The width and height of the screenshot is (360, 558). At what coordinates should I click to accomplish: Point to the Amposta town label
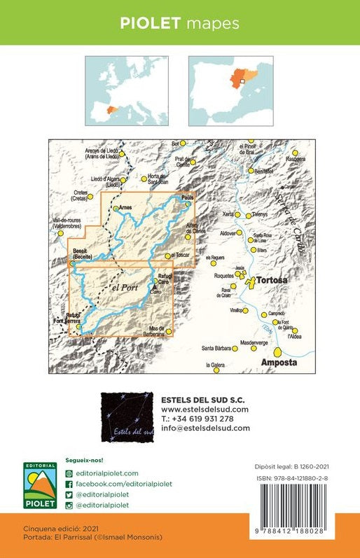pyautogui.click(x=279, y=363)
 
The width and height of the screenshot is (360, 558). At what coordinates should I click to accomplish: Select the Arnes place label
pyautogui.click(x=125, y=208)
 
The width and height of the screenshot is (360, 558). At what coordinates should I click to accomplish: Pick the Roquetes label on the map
pyautogui.click(x=223, y=277)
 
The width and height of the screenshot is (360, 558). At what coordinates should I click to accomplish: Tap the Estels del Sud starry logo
pyautogui.click(x=127, y=418)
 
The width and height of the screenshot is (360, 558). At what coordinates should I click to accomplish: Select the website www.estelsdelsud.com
pyautogui.click(x=205, y=410)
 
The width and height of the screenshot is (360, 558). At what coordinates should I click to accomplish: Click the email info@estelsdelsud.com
pyautogui.click(x=205, y=428)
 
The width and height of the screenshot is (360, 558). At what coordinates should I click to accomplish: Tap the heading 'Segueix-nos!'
pyautogui.click(x=83, y=461)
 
